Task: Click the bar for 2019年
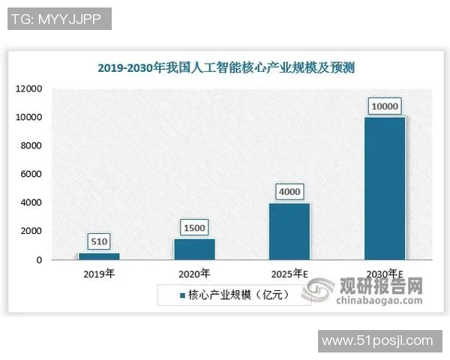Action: tap(100, 256)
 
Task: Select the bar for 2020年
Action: tap(194, 250)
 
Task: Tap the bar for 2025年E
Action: tap(289, 232)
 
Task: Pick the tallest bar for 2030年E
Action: tap(385, 188)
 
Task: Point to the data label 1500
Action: tap(194, 227)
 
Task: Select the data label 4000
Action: tap(289, 192)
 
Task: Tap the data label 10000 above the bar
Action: tap(385, 106)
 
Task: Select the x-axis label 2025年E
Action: tap(289, 274)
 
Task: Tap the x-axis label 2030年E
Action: tap(385, 274)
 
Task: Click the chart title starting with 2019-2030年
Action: tap(226, 67)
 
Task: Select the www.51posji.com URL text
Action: tap(377, 341)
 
